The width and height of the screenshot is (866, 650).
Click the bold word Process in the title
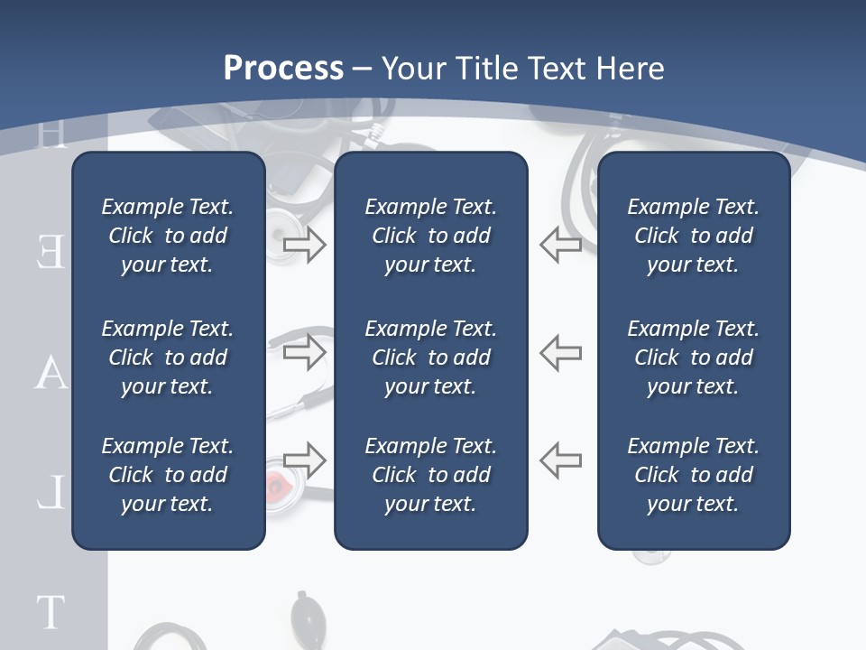tap(283, 69)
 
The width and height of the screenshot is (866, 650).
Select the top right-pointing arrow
tap(305, 245)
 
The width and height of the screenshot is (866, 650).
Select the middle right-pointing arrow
tap(305, 352)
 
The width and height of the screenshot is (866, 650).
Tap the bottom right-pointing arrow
tap(305, 460)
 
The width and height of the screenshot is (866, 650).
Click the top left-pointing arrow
tap(560, 245)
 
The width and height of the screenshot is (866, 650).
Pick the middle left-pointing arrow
tap(560, 352)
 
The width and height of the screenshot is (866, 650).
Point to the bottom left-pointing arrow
tap(560, 460)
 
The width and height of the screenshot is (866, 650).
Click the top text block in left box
tap(168, 236)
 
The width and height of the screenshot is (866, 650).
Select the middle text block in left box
tap(168, 357)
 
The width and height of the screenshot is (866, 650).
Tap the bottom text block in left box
tap(168, 475)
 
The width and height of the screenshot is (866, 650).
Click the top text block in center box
tap(430, 236)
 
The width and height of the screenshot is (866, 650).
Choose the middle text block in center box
tap(430, 357)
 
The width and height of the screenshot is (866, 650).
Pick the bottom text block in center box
tap(430, 475)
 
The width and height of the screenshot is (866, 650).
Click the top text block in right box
tap(693, 236)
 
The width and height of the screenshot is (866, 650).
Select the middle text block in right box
tap(693, 357)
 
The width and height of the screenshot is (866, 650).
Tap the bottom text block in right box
tap(693, 475)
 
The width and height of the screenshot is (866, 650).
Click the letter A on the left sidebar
tap(51, 372)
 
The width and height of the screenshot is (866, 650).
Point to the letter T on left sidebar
tap(51, 612)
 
